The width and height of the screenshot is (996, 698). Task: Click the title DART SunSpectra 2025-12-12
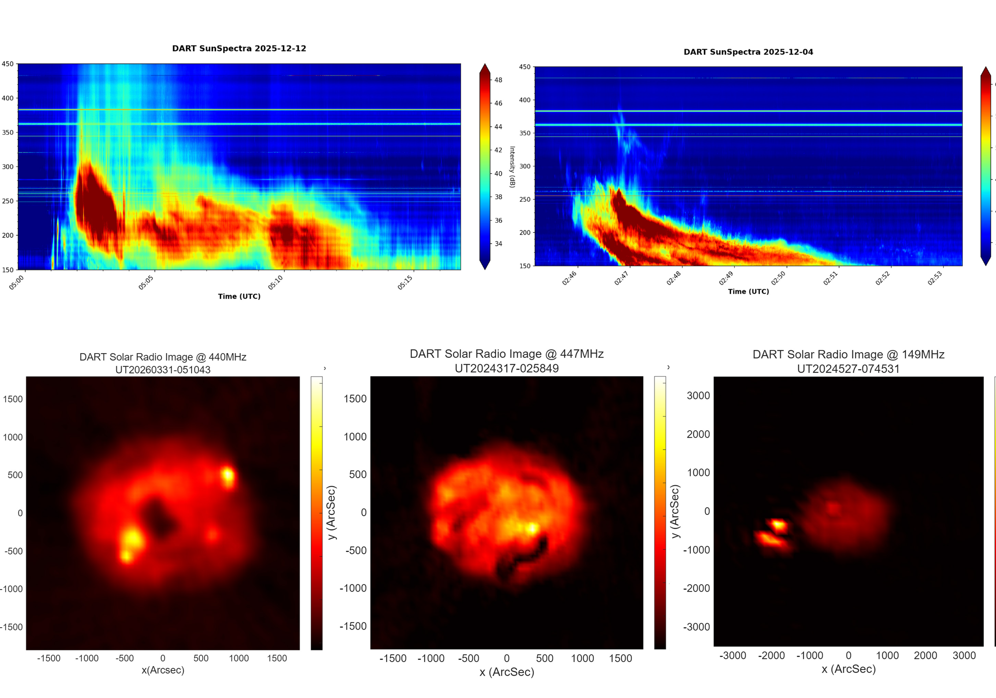tap(239, 49)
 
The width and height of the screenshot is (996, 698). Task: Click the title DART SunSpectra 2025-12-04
tap(748, 52)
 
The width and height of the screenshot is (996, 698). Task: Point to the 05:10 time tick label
tap(276, 282)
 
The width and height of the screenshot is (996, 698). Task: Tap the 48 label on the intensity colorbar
tap(498, 80)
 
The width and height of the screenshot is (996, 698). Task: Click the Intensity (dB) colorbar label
tap(512, 167)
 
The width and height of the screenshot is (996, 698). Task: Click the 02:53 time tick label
tap(935, 278)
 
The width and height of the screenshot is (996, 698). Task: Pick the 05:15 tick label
tap(405, 282)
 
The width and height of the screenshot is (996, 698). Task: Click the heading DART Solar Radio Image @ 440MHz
tap(163, 357)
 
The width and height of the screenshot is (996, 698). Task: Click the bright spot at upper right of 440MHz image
tap(228, 476)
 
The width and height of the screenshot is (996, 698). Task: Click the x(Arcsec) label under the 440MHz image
tap(163, 670)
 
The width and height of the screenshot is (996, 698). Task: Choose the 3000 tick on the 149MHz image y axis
tap(698, 396)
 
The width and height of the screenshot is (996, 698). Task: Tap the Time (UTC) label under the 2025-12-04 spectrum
tap(748, 291)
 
